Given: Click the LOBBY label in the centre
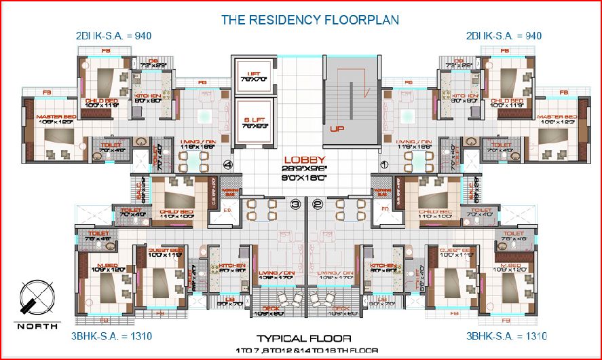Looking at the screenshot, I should (x=305, y=160).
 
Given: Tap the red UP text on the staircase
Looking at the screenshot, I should (x=337, y=128).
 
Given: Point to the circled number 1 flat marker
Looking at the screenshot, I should (x=383, y=164).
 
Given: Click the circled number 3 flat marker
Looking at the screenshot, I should (x=295, y=203).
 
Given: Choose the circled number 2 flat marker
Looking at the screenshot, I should (x=317, y=203).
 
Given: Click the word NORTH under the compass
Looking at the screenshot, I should (x=33, y=325).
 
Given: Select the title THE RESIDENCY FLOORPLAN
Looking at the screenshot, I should (x=309, y=19).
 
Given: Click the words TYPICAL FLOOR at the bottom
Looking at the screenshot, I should (x=303, y=338).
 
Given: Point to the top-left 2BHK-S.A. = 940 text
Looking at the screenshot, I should (x=113, y=35).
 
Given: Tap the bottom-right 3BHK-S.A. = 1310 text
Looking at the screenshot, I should (x=506, y=336).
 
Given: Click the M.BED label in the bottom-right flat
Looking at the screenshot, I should (x=511, y=264).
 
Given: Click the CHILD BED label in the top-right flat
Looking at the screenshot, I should (x=507, y=101).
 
